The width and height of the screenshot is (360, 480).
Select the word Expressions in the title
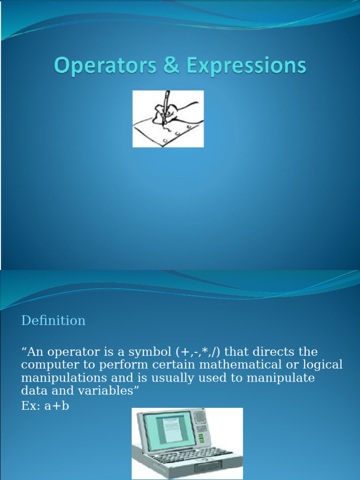coord(247,66)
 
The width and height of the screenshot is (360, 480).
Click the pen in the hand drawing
coord(166,106)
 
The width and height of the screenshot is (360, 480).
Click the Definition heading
coord(53,321)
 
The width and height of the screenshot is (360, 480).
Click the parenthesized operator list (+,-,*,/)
coord(199,352)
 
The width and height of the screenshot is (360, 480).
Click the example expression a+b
coord(57,405)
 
